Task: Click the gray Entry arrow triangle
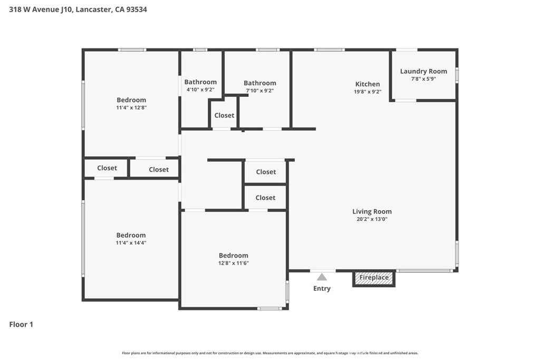tap(322, 277)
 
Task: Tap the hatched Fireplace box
tap(374, 279)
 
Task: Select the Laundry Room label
tap(423, 71)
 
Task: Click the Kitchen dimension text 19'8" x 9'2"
tap(368, 92)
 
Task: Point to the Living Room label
tap(372, 211)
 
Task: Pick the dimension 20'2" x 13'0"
tap(372, 219)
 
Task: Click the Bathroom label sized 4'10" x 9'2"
tap(200, 82)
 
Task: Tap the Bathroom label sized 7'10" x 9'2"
tap(259, 83)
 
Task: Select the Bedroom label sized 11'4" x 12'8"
tap(131, 100)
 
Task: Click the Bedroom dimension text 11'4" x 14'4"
tap(131, 242)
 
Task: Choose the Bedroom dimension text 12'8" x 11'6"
tap(234, 263)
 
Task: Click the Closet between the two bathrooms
tap(224, 115)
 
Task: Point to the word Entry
tap(322, 288)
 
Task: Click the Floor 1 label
tap(21, 324)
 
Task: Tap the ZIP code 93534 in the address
tap(137, 9)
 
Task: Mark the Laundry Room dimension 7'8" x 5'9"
tap(423, 79)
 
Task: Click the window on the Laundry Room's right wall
tap(457, 75)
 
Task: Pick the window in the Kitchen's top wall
tap(329, 50)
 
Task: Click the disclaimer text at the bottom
tap(270, 353)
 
